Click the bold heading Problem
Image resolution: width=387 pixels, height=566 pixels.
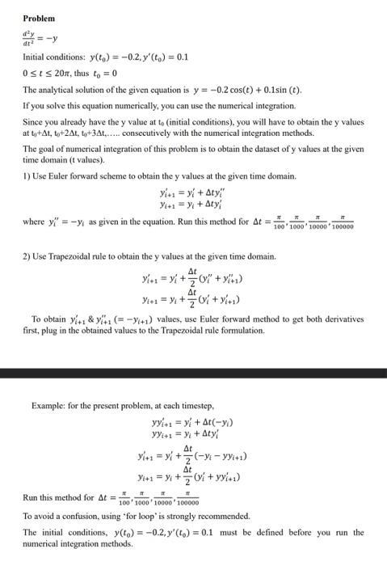(39, 18)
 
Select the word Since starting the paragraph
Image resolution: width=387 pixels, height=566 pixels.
(32, 122)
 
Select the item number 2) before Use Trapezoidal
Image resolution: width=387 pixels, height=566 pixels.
(27, 256)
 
